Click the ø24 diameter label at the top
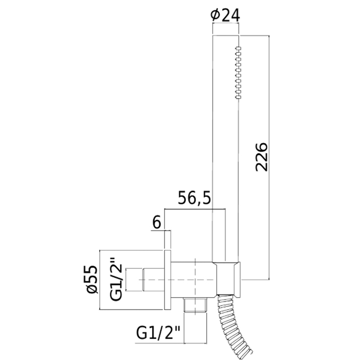pos(225,15)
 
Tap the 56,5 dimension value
pos(194,197)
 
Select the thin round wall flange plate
pos(167,280)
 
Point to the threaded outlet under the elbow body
pos(196,305)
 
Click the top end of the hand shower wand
pos(226,38)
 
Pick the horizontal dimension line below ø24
pos(226,24)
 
